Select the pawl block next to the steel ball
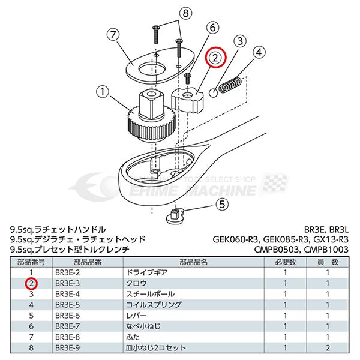(189, 97)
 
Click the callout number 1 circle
(103, 93)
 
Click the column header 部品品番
(72, 262)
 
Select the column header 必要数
(286, 262)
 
